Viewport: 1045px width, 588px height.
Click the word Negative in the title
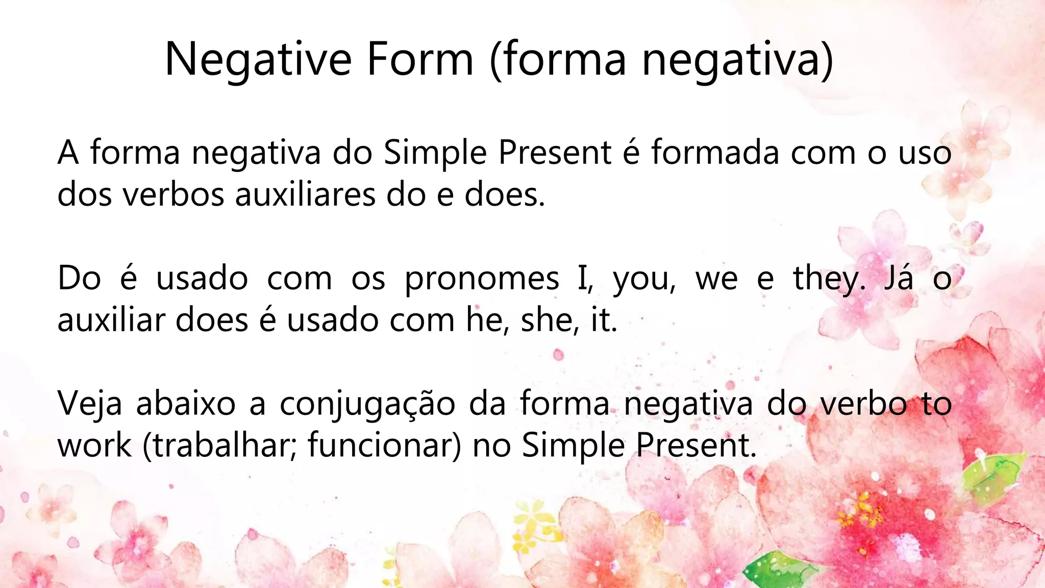tap(258, 60)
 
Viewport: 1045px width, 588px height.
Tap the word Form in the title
tap(420, 60)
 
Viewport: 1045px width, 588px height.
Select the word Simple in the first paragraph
tap(435, 153)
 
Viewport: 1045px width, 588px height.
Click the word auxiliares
tap(305, 195)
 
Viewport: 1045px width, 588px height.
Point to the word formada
tap(715, 153)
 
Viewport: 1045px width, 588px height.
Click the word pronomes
tap(482, 279)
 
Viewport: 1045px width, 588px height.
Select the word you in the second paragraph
tap(643, 279)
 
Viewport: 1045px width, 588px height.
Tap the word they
tap(829, 279)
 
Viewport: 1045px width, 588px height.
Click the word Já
tap(899, 279)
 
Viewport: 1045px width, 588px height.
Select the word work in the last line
tap(94, 446)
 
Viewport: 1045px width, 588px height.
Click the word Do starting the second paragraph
tap(79, 279)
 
